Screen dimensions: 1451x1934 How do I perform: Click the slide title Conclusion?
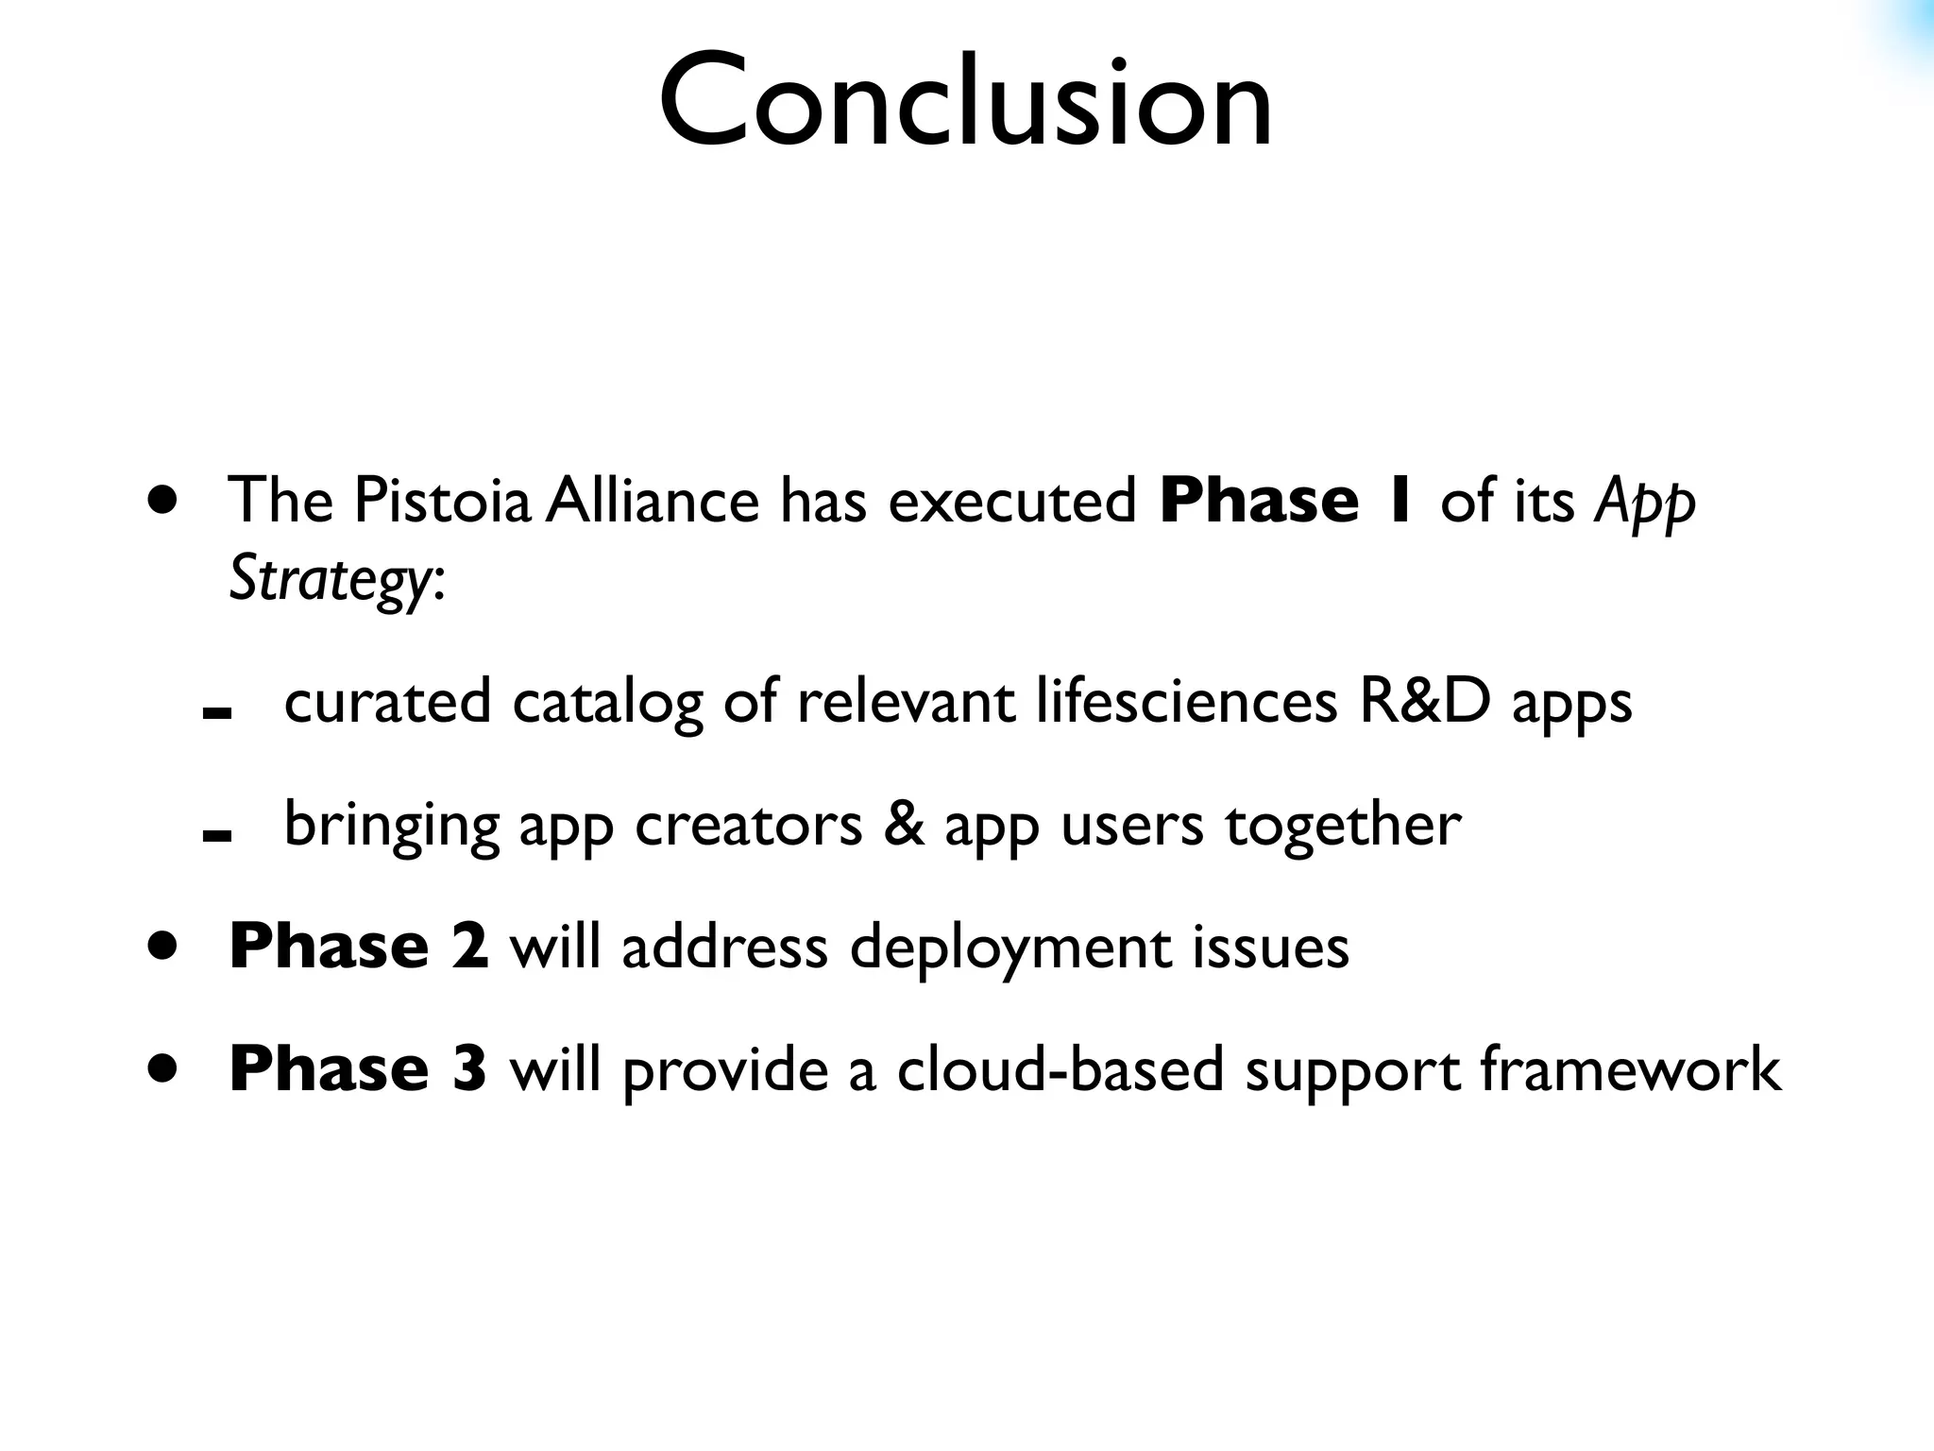click(x=965, y=102)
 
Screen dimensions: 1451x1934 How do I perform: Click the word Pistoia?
click(x=442, y=501)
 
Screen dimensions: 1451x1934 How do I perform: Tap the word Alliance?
click(x=653, y=501)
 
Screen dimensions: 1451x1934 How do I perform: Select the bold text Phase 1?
click(x=1286, y=501)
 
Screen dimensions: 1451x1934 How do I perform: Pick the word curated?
click(x=387, y=703)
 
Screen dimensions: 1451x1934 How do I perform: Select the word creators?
click(x=749, y=825)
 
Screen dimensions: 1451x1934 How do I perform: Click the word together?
click(x=1343, y=825)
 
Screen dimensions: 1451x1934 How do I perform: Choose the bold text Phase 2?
click(x=359, y=947)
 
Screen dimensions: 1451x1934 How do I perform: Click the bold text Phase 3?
click(x=358, y=1069)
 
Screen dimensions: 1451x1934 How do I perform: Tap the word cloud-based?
click(x=1060, y=1069)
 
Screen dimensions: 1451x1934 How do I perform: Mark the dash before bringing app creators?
click(x=217, y=835)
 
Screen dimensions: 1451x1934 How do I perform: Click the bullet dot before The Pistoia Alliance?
click(x=162, y=500)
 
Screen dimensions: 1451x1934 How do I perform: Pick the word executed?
click(x=1012, y=501)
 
